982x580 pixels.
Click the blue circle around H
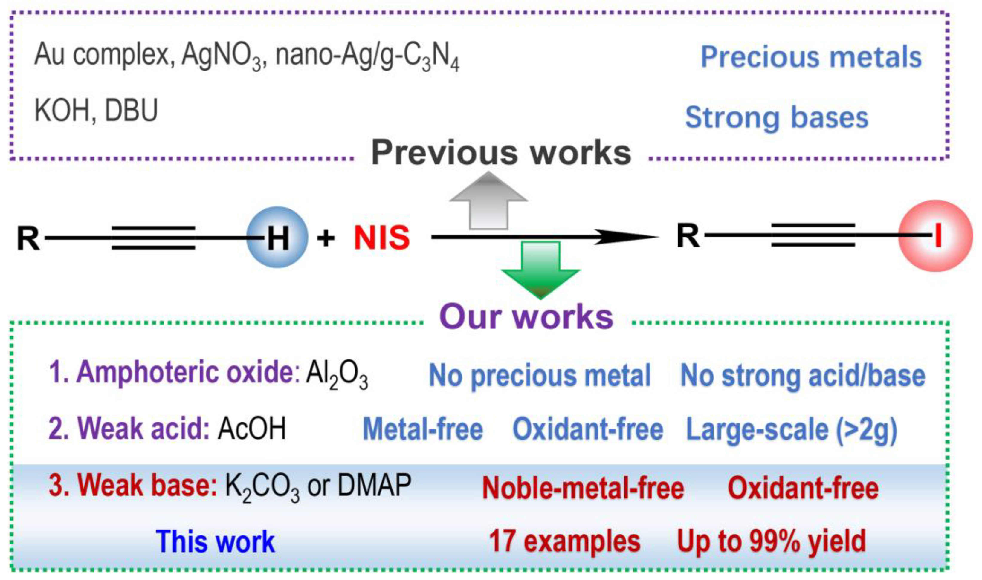click(x=277, y=237)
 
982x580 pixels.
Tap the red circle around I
click(x=935, y=236)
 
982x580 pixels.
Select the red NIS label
click(x=381, y=238)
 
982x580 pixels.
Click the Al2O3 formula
click(x=337, y=376)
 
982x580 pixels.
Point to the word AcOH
click(x=252, y=429)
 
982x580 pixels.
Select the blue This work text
click(x=216, y=542)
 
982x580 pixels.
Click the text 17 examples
click(x=564, y=542)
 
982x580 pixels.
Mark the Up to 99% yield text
click(x=771, y=542)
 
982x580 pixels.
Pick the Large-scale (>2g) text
click(x=792, y=429)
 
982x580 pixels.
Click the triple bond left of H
click(x=153, y=237)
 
